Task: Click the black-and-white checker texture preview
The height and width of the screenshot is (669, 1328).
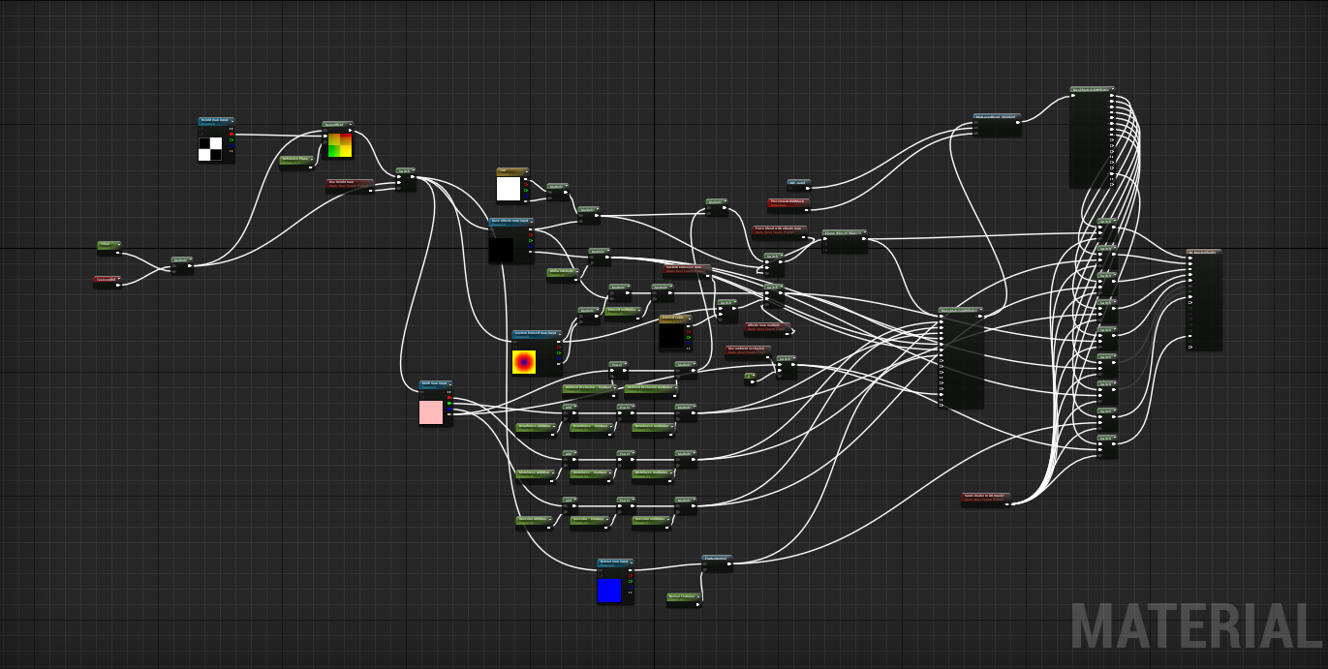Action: [x=210, y=148]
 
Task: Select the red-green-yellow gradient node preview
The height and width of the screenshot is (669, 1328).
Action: [x=339, y=144]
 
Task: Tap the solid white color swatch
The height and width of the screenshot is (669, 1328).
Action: [x=509, y=189]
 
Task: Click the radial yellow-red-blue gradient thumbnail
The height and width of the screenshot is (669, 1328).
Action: [x=524, y=362]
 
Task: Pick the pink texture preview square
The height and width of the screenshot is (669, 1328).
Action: [x=431, y=412]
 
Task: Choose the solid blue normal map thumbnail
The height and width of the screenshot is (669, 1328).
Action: [x=609, y=590]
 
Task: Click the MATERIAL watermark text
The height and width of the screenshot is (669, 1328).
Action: [x=1196, y=627]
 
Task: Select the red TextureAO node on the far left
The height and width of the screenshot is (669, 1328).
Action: [x=107, y=281]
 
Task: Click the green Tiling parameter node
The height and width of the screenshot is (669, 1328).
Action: [x=108, y=246]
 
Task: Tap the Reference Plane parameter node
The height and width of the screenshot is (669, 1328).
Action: [x=295, y=160]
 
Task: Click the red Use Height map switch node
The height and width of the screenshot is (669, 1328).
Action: [x=349, y=184]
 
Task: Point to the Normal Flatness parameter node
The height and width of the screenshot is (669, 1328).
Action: [x=683, y=597]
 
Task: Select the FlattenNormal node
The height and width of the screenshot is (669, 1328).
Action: [x=717, y=561]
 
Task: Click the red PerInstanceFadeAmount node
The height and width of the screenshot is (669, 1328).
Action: [x=788, y=203]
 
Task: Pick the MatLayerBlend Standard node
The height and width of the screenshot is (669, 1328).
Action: [x=996, y=118]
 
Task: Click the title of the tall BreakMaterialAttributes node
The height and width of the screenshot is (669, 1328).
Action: [x=1092, y=90]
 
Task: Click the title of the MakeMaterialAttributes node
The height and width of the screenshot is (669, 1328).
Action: [x=960, y=311]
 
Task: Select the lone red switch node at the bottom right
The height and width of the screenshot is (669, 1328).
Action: [x=986, y=498]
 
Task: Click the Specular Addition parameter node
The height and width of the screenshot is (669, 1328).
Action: [x=532, y=521]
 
